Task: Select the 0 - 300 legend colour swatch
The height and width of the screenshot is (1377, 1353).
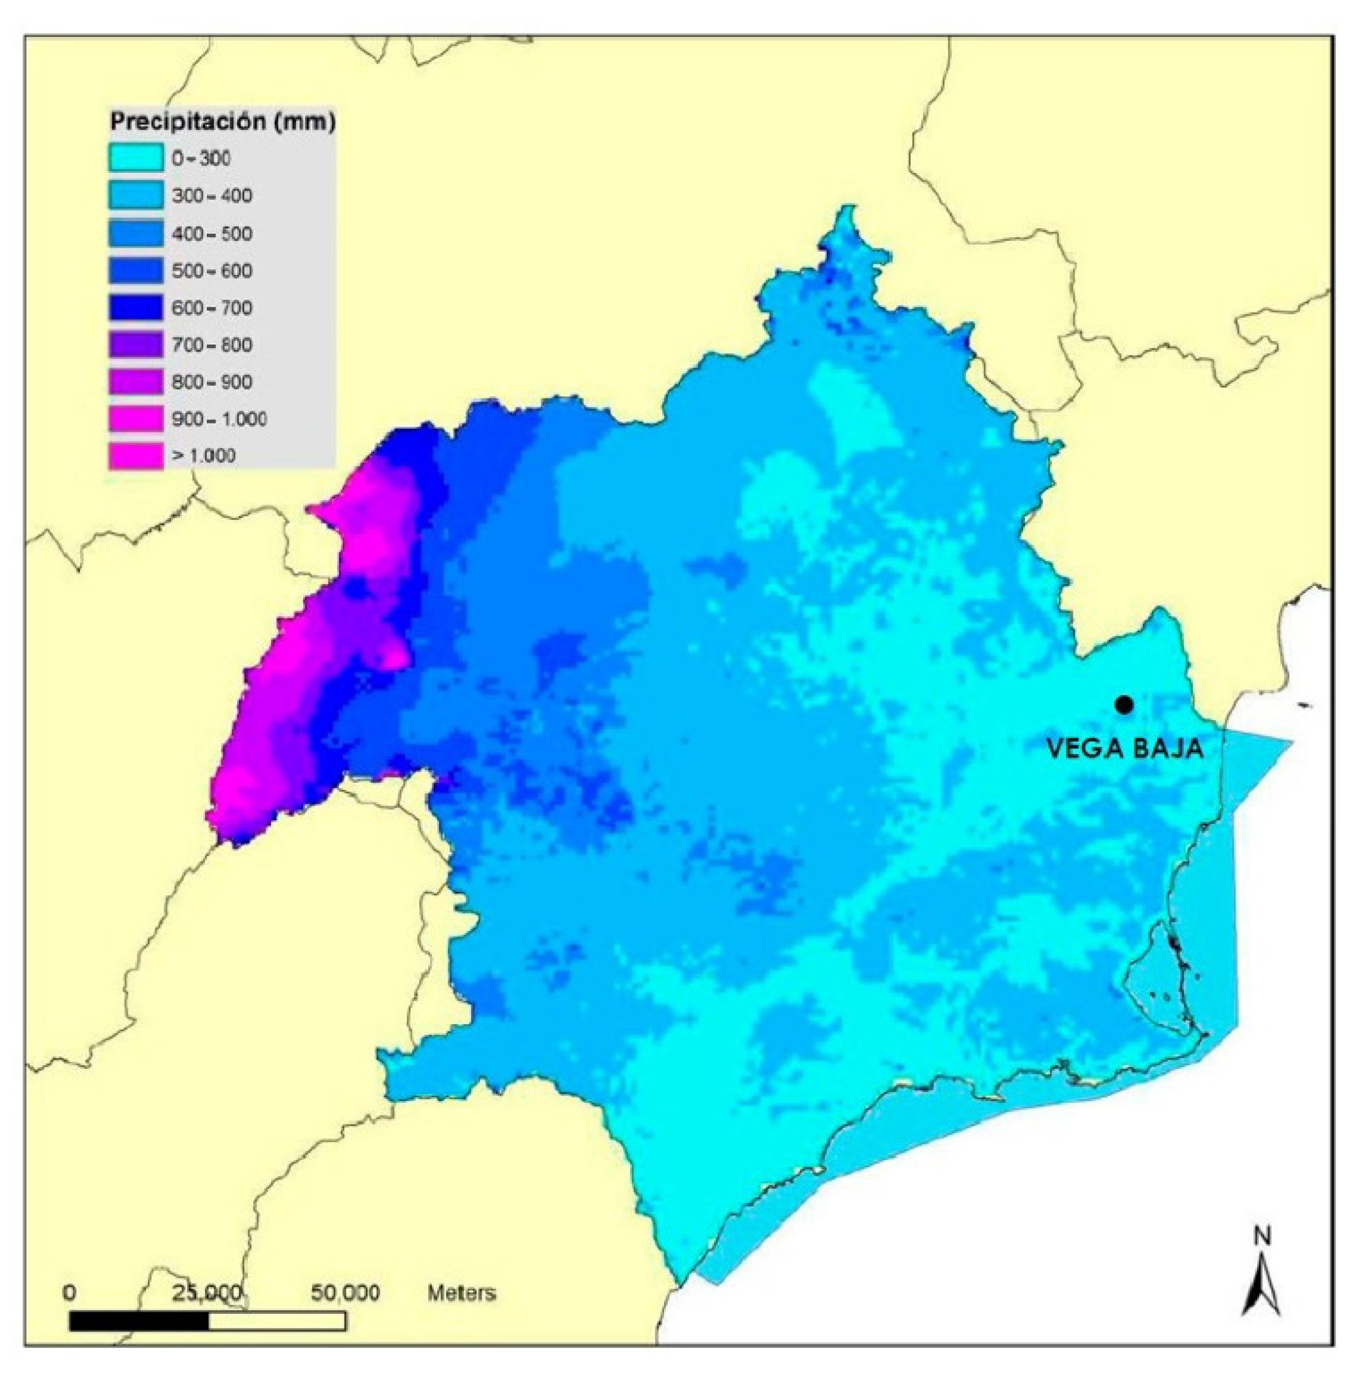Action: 136,158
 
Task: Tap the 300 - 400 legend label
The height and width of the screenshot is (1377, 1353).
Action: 212,195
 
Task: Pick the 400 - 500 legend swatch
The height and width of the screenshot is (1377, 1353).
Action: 136,233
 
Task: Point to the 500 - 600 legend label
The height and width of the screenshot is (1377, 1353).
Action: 212,271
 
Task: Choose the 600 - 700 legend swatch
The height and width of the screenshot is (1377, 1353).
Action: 136,308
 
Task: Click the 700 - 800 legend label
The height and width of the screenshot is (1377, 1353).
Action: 212,346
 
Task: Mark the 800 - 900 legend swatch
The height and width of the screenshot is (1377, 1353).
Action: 136,382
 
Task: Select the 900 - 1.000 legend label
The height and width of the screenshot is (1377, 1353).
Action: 219,419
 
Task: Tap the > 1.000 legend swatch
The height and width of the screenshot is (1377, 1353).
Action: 136,456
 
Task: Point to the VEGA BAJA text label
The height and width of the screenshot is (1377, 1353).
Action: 1125,749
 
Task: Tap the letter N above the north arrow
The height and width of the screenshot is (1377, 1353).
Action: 1262,1256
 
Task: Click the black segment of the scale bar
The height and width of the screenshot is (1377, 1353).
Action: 139,1320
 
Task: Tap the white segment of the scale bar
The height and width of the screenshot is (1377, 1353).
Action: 277,1320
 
